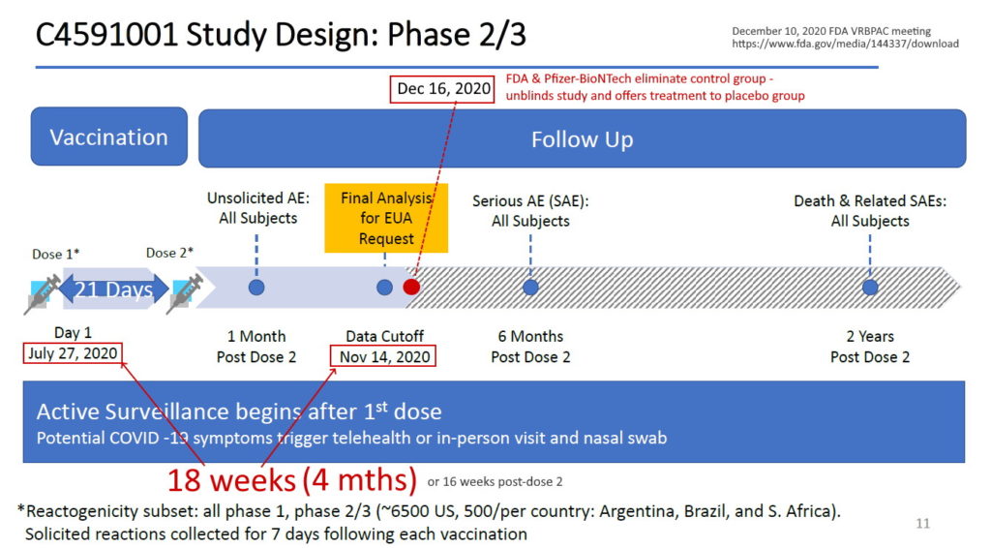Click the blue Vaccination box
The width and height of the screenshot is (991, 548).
tap(108, 137)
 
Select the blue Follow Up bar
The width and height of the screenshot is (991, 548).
tap(582, 138)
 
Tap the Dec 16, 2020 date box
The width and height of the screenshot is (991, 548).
tap(444, 90)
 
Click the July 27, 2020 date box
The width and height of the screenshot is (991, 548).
tap(74, 353)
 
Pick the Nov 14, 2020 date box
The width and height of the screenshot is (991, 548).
tap(384, 356)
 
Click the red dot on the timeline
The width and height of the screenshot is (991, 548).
tap(411, 287)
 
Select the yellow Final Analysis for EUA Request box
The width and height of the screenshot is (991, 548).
tap(386, 218)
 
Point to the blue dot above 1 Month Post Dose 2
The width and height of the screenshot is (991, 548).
tap(256, 288)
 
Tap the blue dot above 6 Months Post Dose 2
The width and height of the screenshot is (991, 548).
tap(530, 288)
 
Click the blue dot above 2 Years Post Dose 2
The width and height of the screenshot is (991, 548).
tap(870, 288)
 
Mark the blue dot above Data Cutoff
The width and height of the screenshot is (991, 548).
tap(384, 288)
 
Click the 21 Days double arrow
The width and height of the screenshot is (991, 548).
tap(113, 289)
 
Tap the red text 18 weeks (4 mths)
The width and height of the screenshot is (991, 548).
tap(292, 479)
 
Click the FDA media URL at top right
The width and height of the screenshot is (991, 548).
tap(845, 45)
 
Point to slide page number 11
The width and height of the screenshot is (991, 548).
tap(922, 524)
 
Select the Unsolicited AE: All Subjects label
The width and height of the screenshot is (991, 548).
tap(257, 208)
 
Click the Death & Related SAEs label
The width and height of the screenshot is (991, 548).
tap(870, 211)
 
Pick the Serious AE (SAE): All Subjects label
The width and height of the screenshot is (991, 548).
tap(530, 211)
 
